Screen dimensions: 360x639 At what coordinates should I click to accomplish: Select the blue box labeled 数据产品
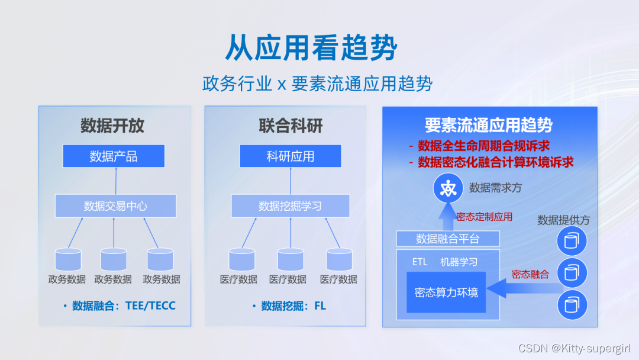point(114,156)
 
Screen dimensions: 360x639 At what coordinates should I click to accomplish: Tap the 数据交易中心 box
point(115,206)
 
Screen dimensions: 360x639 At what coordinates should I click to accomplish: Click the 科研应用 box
point(290,156)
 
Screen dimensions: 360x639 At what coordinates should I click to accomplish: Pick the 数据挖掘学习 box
point(290,206)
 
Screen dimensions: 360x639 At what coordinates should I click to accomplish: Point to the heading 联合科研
point(291,126)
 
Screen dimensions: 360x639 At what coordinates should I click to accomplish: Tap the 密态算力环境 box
point(446,292)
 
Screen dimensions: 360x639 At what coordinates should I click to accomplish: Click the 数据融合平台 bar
point(448,239)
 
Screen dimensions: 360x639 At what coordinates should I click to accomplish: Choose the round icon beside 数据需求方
point(447,188)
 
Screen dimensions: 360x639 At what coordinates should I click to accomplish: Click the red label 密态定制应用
point(484,217)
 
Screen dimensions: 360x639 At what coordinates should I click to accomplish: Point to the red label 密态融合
point(530,274)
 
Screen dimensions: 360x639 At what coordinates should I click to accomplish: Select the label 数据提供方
point(563,220)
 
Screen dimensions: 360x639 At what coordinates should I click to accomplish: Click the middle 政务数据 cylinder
point(114,259)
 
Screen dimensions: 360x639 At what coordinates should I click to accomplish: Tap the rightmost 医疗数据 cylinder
point(339,259)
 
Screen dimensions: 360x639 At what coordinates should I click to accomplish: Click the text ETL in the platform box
point(419,262)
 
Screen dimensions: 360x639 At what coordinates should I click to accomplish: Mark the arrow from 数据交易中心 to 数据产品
point(115,180)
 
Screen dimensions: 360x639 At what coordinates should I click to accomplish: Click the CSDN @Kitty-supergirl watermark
point(577,348)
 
